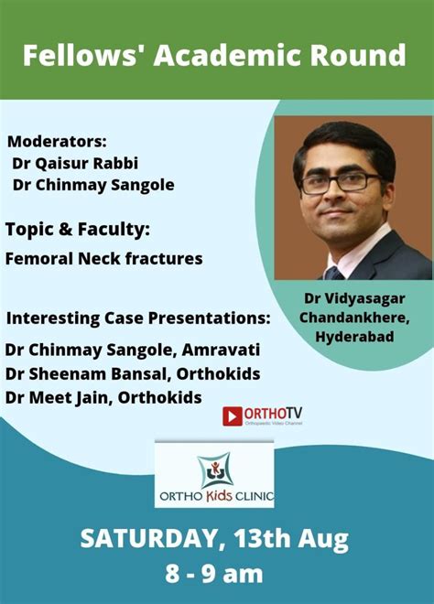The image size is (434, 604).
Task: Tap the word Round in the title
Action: [358, 55]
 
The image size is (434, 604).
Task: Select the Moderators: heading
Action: [57, 141]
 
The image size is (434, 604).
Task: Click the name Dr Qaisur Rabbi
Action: [75, 163]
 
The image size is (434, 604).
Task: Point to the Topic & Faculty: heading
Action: [78, 230]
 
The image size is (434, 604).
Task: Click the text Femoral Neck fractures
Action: [103, 258]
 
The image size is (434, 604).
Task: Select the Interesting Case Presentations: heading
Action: [138, 318]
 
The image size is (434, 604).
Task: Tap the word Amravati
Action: [221, 350]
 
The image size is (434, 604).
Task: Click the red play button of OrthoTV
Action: [233, 416]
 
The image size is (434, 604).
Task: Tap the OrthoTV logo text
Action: [273, 414]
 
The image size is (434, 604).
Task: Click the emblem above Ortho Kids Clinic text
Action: [214, 470]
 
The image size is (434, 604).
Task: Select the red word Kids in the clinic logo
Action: [220, 495]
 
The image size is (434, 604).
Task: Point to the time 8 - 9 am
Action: [214, 574]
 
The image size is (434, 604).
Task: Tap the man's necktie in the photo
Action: [334, 273]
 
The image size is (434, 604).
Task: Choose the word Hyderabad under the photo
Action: [354, 337]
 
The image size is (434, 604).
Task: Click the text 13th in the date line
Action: [262, 538]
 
